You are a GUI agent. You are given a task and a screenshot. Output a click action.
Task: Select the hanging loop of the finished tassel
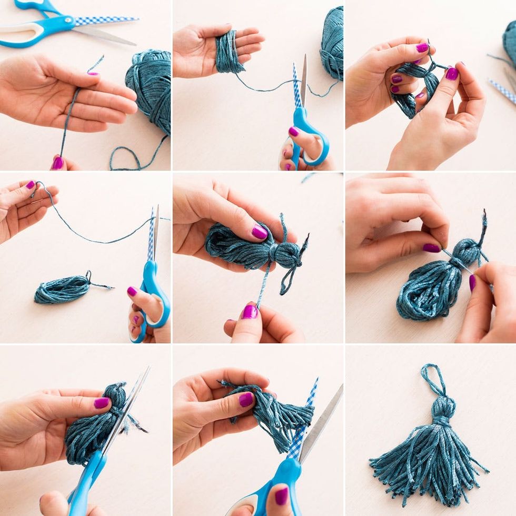click(x=433, y=379)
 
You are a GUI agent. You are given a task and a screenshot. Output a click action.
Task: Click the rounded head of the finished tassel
click(x=443, y=406)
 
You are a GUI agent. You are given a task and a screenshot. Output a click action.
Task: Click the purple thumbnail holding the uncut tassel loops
click(x=102, y=403)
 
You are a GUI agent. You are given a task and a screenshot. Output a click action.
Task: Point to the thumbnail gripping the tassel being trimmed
click(x=246, y=399)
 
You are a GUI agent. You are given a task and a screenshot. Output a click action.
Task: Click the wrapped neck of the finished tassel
click(x=441, y=421)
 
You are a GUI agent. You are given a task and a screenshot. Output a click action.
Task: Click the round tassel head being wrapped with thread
click(x=466, y=251)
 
